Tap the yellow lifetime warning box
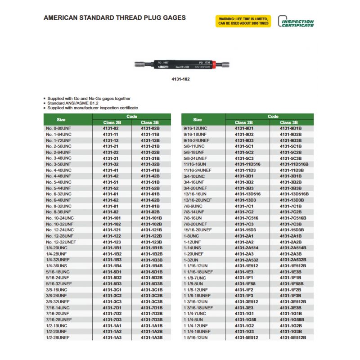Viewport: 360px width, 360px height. (x=243, y=21)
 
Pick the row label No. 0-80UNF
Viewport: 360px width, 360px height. (x=58, y=129)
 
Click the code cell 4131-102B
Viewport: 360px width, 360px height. (x=151, y=224)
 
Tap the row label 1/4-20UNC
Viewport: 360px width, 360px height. (x=56, y=248)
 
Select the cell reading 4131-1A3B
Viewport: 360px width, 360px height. (x=151, y=337)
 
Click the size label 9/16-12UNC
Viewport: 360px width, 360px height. (x=195, y=129)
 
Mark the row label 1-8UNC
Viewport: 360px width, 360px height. (x=191, y=236)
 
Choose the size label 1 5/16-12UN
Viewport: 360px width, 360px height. (x=196, y=337)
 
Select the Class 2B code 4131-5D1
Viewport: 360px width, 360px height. (x=112, y=272)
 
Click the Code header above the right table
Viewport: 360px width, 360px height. (x=273, y=117)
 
